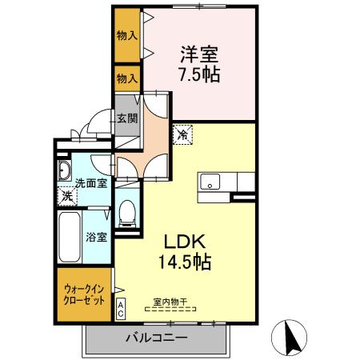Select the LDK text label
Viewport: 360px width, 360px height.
[187, 241]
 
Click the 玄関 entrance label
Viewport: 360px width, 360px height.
[127, 118]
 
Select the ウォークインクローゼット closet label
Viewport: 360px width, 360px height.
[83, 296]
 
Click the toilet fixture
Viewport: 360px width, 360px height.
[126, 211]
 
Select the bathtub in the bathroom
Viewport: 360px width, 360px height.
[69, 236]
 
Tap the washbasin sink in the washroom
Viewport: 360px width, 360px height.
[64, 171]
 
